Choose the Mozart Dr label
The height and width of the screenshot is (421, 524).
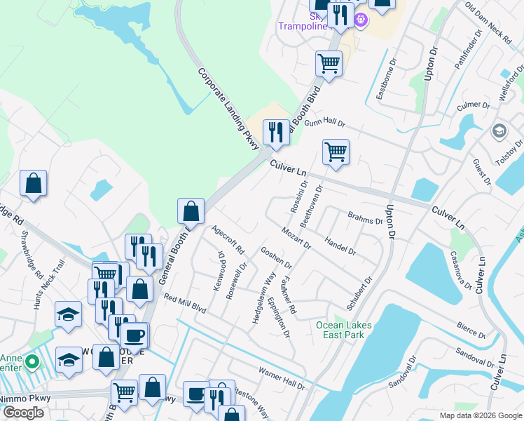click(297, 236)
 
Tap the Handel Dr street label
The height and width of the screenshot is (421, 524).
click(340, 245)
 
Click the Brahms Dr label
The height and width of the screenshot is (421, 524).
click(366, 218)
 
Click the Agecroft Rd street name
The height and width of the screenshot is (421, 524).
click(228, 240)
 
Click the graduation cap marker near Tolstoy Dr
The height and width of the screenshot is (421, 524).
click(499, 131)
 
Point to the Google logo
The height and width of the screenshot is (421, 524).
click(23, 413)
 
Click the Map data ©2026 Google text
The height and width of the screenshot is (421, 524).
click(480, 415)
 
